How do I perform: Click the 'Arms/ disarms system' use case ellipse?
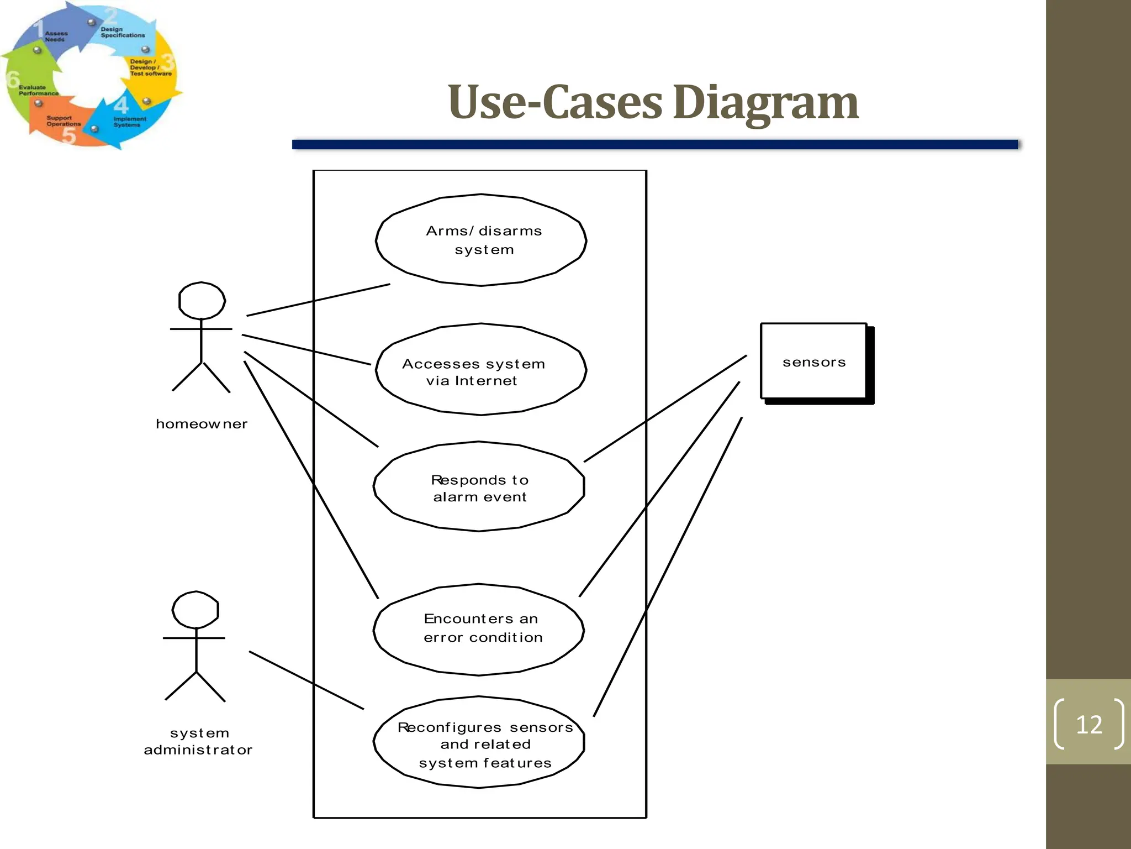click(x=481, y=240)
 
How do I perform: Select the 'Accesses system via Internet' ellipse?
click(x=480, y=370)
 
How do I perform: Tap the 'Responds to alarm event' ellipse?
click(x=479, y=486)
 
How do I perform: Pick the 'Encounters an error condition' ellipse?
click(x=479, y=630)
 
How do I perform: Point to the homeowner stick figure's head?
click(x=202, y=301)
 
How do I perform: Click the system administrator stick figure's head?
click(x=195, y=610)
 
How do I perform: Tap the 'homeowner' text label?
click(x=202, y=424)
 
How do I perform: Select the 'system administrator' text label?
click(x=198, y=741)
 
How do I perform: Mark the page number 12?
click(x=1089, y=724)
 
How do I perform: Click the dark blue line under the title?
click(x=654, y=144)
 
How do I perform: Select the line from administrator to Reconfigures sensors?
click(x=306, y=680)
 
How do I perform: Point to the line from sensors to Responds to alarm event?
click(x=665, y=408)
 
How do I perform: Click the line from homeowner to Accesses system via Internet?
click(x=306, y=350)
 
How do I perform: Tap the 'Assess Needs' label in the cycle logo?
click(x=56, y=36)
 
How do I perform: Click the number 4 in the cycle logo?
click(x=121, y=104)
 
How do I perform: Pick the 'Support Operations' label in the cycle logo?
click(x=63, y=121)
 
